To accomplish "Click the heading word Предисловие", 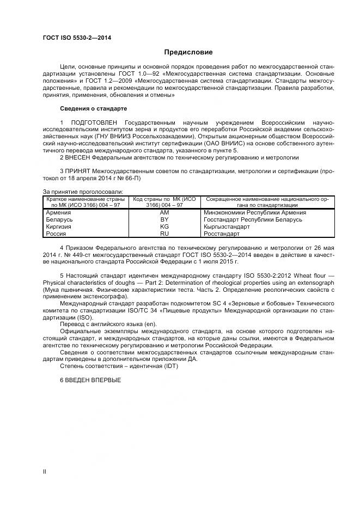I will pos(188,52).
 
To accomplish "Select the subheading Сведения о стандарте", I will pos(93,108).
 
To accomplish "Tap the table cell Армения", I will pos(58,212).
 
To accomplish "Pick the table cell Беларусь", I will pos(59,219).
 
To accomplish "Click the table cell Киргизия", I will pos(59,226).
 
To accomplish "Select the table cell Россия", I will pos(56,234).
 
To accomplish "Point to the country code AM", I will pos(164,212).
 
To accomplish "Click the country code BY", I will pos(164,219).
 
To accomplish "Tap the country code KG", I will pos(164,226).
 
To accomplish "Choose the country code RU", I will pos(164,234).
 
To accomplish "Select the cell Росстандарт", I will pos(222,234).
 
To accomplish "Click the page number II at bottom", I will pos(45,471).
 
